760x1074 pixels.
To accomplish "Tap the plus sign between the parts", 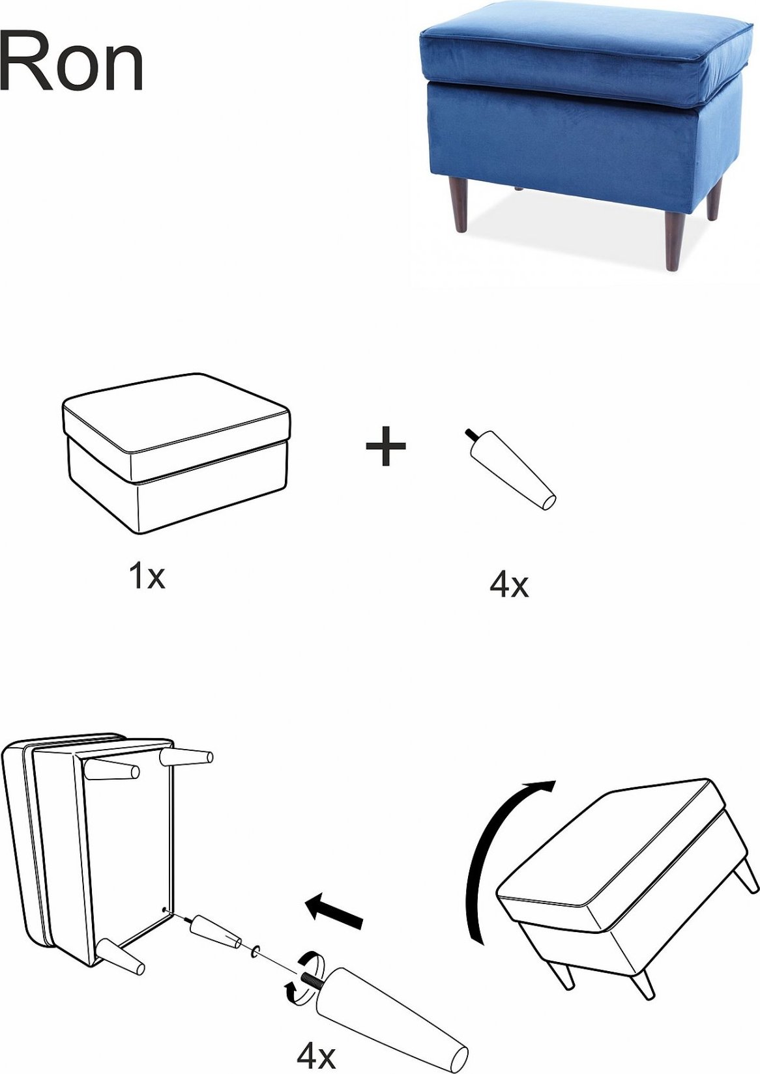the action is tap(386, 446).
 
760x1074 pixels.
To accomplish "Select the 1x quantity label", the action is tap(147, 577).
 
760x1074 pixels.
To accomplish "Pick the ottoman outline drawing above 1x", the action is tap(177, 453).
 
